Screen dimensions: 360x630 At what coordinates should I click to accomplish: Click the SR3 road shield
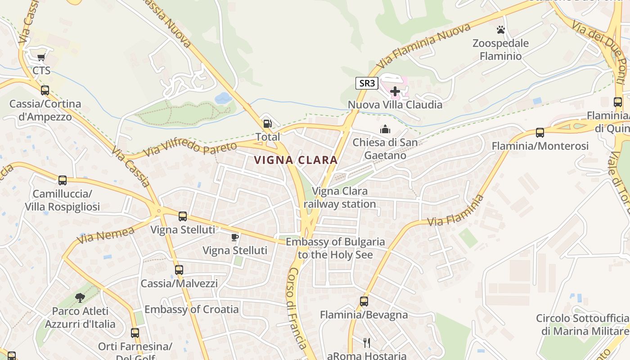[367, 83]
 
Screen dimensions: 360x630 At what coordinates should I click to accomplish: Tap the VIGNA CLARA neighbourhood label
[296, 160]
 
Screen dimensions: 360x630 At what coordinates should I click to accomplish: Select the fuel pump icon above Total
[267, 123]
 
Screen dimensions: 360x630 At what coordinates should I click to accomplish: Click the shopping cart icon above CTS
[41, 57]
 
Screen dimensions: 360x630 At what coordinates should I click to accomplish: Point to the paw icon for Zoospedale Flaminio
[501, 30]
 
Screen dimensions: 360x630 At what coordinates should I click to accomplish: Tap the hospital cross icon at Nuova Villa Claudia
[395, 91]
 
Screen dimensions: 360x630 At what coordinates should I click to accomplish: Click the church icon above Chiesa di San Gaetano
[385, 130]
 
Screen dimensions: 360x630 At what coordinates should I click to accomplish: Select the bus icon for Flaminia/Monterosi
[540, 133]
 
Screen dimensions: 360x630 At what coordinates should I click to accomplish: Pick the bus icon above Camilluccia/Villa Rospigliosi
[63, 180]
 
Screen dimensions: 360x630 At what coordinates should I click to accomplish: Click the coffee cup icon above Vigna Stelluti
[234, 237]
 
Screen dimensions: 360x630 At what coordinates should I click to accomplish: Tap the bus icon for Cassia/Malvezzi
[179, 270]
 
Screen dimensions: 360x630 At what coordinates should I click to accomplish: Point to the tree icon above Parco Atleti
[80, 297]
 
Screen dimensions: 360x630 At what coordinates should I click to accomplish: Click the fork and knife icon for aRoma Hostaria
[367, 343]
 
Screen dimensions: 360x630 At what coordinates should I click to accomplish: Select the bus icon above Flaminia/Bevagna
[364, 301]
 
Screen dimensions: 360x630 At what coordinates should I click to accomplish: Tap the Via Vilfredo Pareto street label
[190, 150]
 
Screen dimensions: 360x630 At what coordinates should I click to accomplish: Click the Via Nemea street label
[106, 235]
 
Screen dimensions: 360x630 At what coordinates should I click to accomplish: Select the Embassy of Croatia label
[191, 310]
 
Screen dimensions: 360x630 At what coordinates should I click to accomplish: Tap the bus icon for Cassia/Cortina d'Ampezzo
[45, 90]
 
